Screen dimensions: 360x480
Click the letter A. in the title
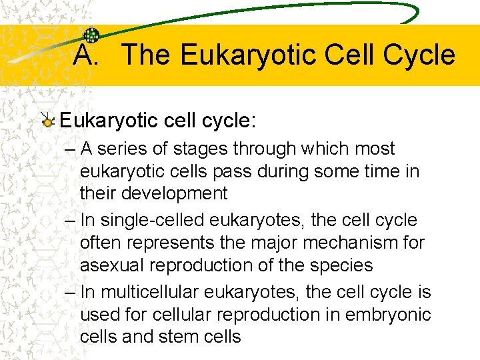point(85,55)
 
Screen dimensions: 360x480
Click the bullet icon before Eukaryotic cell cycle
point(47,121)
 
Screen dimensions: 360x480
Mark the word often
point(101,243)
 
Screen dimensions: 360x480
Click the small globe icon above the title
point(91,35)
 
